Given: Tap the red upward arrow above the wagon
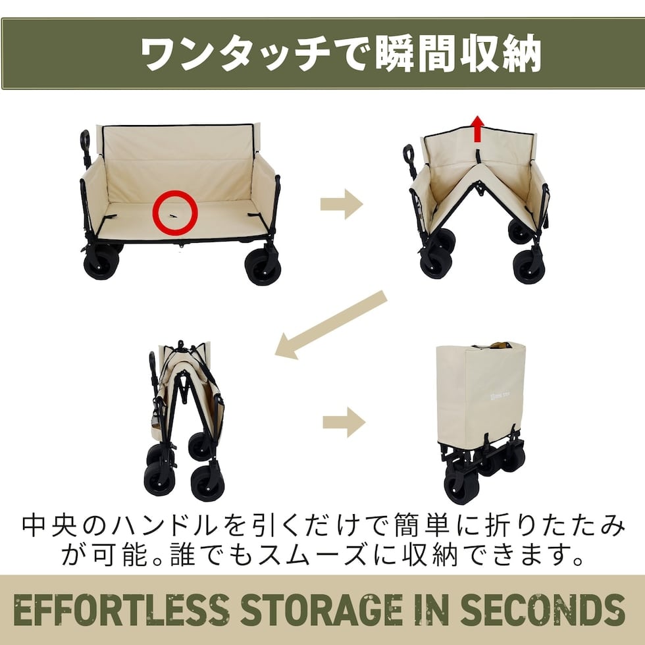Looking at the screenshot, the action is pyautogui.click(x=477, y=128).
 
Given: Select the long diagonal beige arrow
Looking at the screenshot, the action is pyautogui.click(x=331, y=325).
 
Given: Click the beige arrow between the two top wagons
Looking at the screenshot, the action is pyautogui.click(x=342, y=204).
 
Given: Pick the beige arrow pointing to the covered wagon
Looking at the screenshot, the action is pyautogui.click(x=344, y=422).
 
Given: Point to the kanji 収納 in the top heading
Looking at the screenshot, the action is pyautogui.click(x=500, y=54).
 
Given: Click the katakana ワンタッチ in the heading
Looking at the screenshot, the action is pyautogui.click(x=236, y=54).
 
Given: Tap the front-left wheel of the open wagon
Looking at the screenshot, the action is pyautogui.click(x=101, y=263).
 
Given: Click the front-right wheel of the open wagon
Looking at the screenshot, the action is pyautogui.click(x=263, y=267).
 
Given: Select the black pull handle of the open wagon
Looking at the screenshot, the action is pyautogui.click(x=86, y=148).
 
